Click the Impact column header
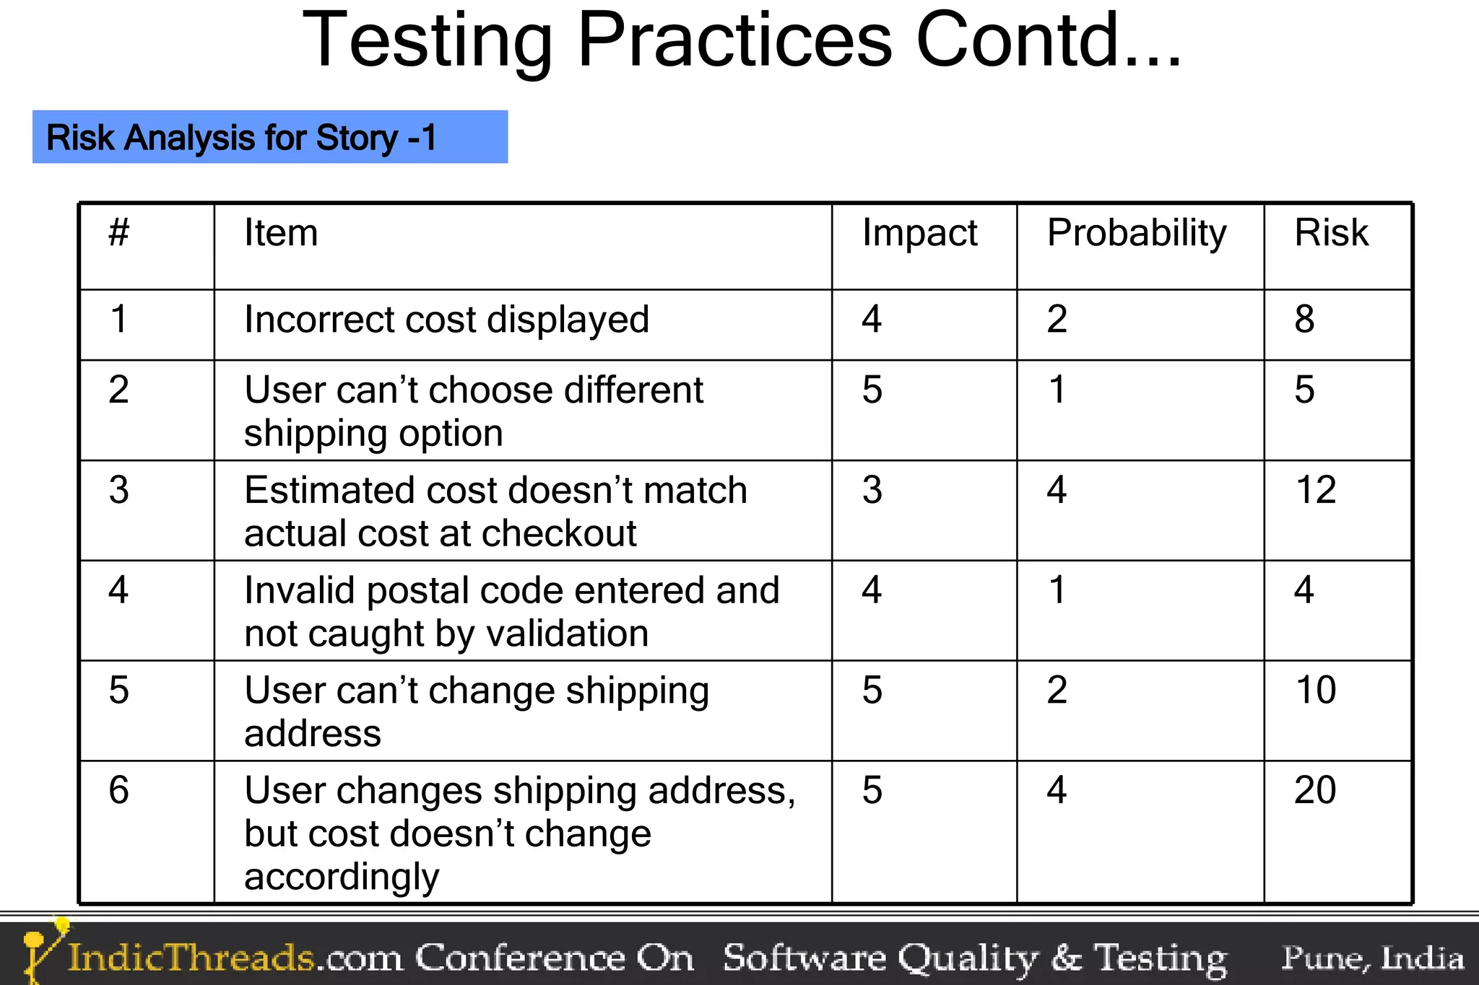[919, 233]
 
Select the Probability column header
[1137, 233]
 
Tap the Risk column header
[1331, 233]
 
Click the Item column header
[281, 233]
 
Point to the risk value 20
[1315, 789]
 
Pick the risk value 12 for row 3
[1316, 490]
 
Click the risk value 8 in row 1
[1304, 319]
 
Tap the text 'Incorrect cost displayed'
[446, 320]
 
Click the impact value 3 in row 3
[872, 490]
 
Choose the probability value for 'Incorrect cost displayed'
[1057, 319]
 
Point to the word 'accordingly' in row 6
[342, 877]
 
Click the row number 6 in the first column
[119, 789]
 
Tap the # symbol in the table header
[119, 232]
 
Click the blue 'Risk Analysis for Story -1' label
[269, 137]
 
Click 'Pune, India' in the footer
[1372, 958]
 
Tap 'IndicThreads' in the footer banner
[191, 958]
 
